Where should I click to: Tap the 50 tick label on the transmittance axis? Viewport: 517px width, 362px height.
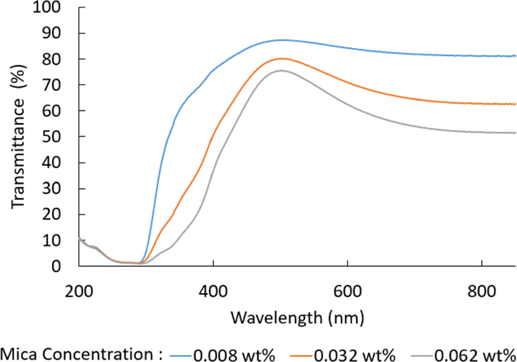[59, 137]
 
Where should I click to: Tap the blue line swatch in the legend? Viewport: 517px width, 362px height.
[182, 355]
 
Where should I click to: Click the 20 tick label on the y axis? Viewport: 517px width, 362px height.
[59, 214]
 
